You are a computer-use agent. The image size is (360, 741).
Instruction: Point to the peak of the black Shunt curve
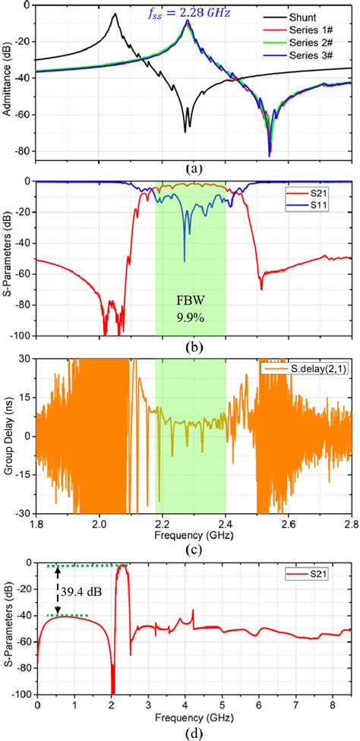115,14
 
